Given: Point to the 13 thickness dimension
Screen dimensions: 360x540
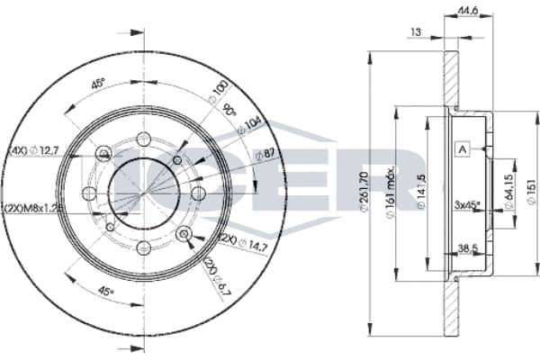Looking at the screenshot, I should click(416, 33).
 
